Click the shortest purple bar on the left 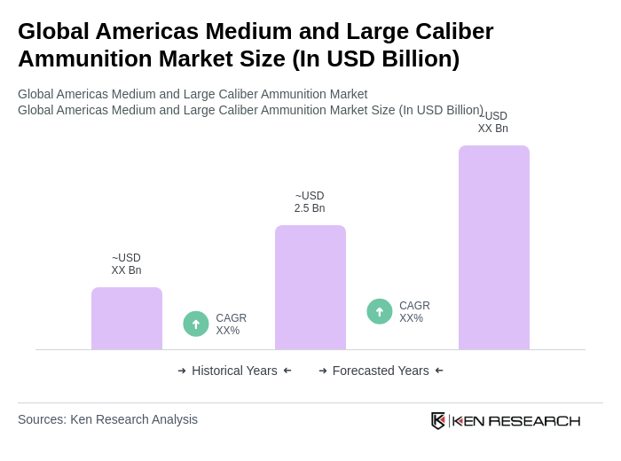[127, 318]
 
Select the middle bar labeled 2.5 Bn [310, 287]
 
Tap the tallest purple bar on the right [494, 247]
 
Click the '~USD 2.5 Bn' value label [310, 202]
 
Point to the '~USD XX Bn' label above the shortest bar [126, 264]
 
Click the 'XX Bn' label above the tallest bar [493, 129]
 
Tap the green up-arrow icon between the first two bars [196, 324]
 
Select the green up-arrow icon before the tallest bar [380, 311]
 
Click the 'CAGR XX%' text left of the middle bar [232, 324]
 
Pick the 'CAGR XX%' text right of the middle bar [414, 312]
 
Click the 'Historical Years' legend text [234, 371]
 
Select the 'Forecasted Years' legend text [381, 371]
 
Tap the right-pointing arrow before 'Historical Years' [182, 371]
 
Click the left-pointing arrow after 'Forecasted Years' [439, 371]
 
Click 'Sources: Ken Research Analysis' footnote [107, 419]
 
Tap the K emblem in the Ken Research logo [438, 420]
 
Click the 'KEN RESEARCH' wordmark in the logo [516, 421]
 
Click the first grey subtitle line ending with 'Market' [193, 94]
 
